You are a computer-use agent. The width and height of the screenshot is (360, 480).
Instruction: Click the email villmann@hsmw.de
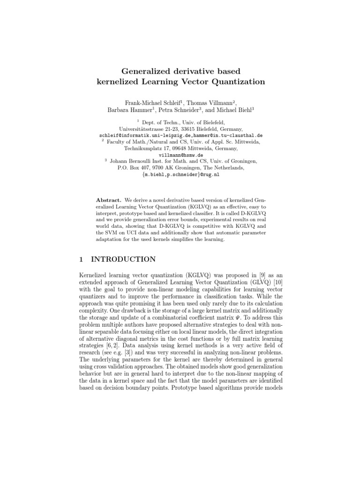(x=180, y=154)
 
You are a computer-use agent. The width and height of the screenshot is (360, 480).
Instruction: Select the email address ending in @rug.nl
(x=180, y=174)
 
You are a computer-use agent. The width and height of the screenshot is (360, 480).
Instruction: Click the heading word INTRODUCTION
(x=126, y=259)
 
